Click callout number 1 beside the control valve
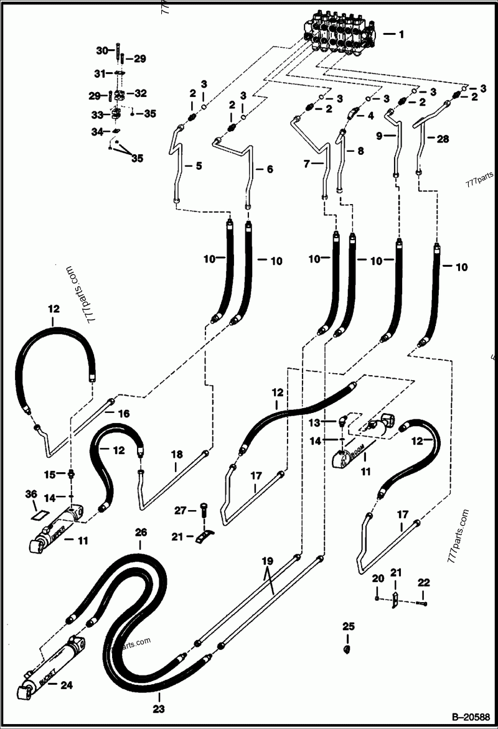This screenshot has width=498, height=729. tap(401, 35)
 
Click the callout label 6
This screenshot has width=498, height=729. tap(270, 169)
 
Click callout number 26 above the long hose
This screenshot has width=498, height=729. tap(141, 532)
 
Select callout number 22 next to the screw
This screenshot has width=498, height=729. tap(424, 583)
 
